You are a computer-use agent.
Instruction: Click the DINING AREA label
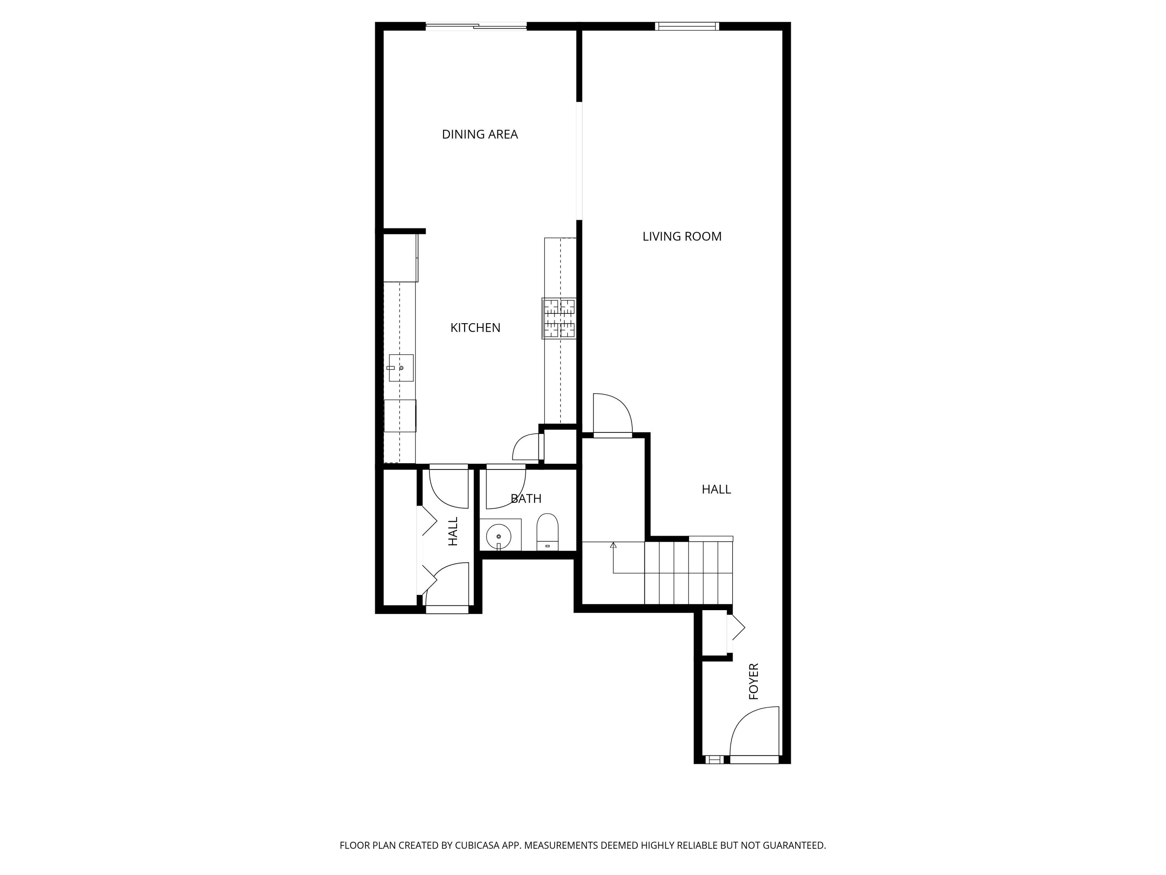[479, 135]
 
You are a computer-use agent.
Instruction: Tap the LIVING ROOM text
[682, 237]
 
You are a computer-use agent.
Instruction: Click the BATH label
[525, 499]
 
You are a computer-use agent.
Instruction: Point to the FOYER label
[754, 681]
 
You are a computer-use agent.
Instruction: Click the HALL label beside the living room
[716, 490]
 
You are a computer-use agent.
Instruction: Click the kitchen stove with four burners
[559, 318]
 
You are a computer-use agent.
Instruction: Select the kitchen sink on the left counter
[401, 367]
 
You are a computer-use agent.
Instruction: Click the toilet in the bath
[547, 532]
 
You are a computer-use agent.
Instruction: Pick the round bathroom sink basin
[498, 536]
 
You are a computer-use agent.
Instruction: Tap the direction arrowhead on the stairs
[613, 545]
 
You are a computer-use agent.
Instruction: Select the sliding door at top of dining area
[476, 26]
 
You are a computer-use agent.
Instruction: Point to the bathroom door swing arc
[505, 488]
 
